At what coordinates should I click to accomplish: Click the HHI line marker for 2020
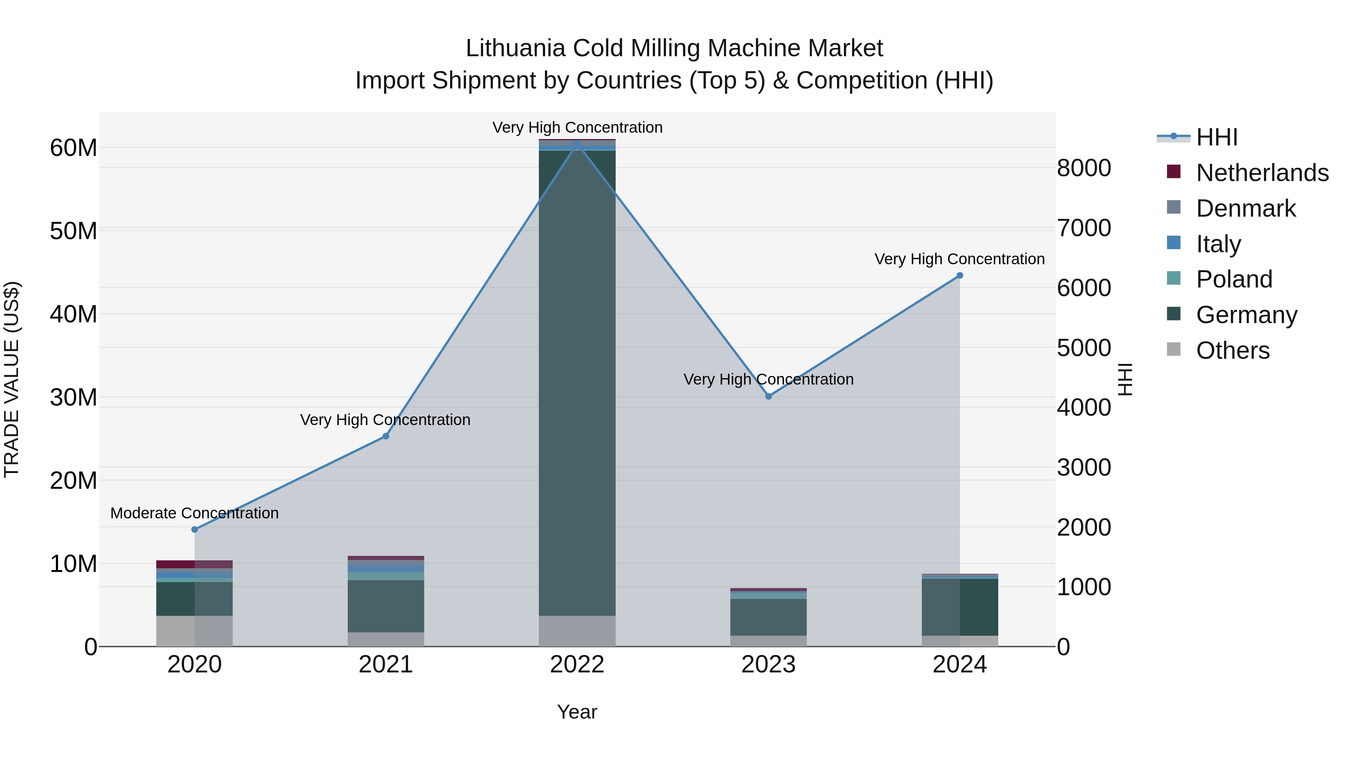point(195,530)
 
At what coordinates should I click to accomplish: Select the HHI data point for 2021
point(386,436)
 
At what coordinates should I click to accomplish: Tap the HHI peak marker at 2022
point(577,143)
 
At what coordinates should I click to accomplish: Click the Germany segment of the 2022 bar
point(577,382)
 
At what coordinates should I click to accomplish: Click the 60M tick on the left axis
point(73,148)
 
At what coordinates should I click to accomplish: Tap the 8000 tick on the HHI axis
point(1083,168)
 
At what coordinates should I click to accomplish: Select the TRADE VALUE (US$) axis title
point(12,379)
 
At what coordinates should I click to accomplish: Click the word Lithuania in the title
point(515,48)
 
